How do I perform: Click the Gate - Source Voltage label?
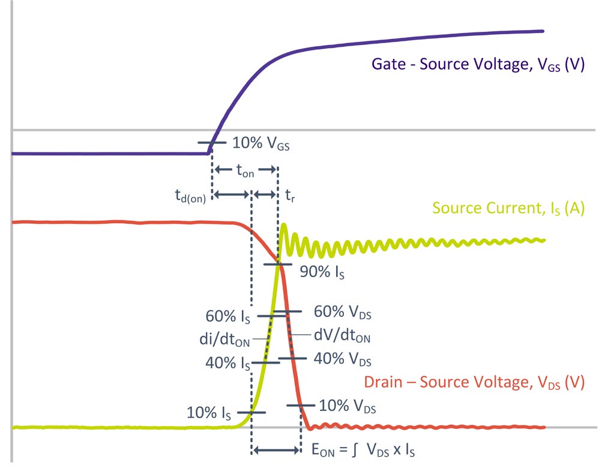(478, 65)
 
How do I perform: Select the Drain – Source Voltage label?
(474, 382)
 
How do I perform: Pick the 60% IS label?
(227, 315)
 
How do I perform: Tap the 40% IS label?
(227, 364)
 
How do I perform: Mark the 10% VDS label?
(348, 406)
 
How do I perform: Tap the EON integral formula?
(363, 449)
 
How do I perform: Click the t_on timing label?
(245, 172)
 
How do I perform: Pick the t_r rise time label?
(290, 196)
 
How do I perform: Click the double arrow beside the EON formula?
(277, 449)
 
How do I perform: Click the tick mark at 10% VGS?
(209, 143)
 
